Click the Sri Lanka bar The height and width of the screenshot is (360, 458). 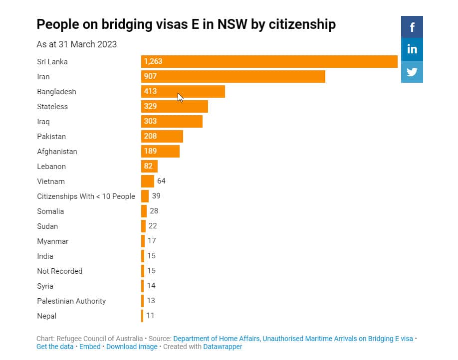pyautogui.click(x=269, y=62)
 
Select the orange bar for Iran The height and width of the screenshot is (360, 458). pyautogui.click(x=233, y=76)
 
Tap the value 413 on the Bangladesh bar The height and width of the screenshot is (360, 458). pyautogui.click(x=151, y=91)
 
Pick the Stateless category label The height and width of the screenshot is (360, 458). pyautogui.click(x=52, y=107)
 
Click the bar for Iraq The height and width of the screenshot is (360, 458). pyautogui.click(x=172, y=121)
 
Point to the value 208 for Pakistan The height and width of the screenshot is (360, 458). pyautogui.click(x=151, y=136)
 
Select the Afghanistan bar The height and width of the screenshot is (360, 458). pyautogui.click(x=160, y=151)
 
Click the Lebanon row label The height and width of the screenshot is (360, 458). pyautogui.click(x=51, y=167)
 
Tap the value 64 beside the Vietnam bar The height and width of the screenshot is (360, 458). pyautogui.click(x=161, y=181)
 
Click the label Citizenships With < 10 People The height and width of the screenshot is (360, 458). pyautogui.click(x=86, y=196)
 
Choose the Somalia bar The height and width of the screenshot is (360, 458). pyautogui.click(x=144, y=211)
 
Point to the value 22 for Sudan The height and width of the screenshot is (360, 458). pyautogui.click(x=153, y=226)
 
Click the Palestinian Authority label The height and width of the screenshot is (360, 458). pyautogui.click(x=71, y=301)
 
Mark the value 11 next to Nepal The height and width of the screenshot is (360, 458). pyautogui.click(x=151, y=316)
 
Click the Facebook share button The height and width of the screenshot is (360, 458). pyautogui.click(x=412, y=27)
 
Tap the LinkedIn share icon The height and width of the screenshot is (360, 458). pyautogui.click(x=412, y=49)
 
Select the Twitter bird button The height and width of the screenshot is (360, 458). pyautogui.click(x=412, y=72)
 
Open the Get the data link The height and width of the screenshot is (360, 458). pyautogui.click(x=55, y=347)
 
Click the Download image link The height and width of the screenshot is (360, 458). pyautogui.click(x=132, y=347)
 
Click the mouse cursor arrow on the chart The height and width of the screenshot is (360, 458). pyautogui.click(x=180, y=98)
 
